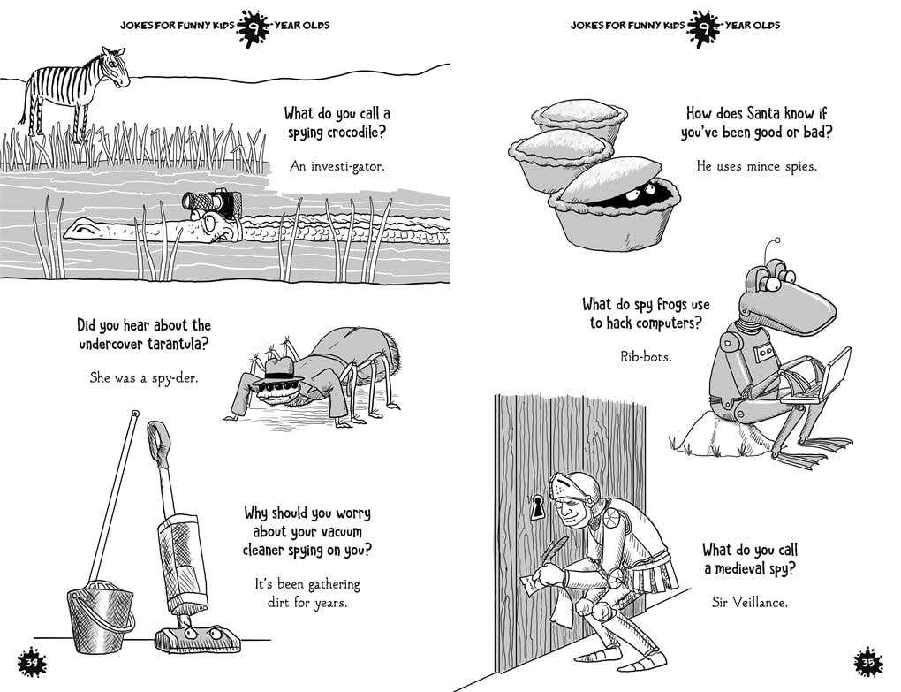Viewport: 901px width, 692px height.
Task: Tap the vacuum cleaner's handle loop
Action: (x=159, y=435)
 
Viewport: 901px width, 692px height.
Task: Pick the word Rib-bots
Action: (x=646, y=358)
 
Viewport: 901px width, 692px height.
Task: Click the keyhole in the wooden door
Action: (x=537, y=506)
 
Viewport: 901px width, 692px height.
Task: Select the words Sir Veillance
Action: (x=749, y=603)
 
